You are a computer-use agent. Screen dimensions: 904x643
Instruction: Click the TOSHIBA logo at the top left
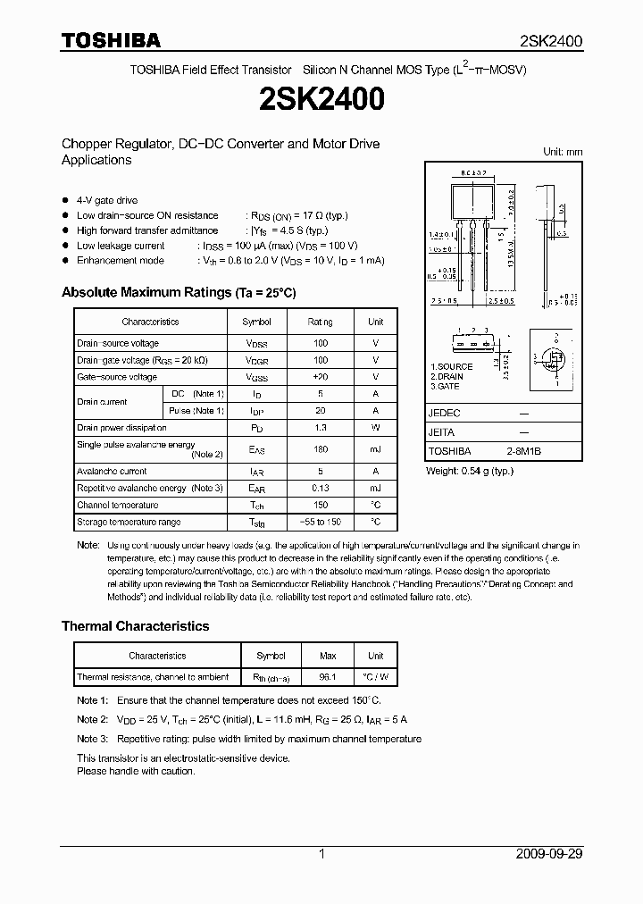click(111, 40)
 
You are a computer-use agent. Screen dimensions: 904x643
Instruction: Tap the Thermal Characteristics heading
click(135, 626)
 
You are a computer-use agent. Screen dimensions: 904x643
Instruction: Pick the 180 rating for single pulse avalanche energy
click(320, 449)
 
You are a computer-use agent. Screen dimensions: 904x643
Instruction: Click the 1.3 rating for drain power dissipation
click(320, 428)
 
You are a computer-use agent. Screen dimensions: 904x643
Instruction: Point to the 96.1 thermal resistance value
click(328, 677)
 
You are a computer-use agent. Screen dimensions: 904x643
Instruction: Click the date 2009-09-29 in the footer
click(549, 854)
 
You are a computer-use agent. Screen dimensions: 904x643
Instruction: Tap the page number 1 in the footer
click(321, 854)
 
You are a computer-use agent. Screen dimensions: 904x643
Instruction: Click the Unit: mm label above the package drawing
click(563, 152)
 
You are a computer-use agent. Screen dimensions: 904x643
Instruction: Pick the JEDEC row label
click(444, 414)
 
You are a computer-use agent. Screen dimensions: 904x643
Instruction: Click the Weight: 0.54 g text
click(469, 471)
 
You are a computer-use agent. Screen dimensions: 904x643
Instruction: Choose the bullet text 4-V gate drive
click(107, 200)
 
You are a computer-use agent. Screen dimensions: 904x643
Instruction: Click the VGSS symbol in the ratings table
click(256, 378)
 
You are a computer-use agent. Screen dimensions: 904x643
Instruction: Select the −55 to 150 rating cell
click(320, 522)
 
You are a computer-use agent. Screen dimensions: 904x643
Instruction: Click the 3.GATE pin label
click(445, 386)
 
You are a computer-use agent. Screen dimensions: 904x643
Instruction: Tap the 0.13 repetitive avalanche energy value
click(320, 489)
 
